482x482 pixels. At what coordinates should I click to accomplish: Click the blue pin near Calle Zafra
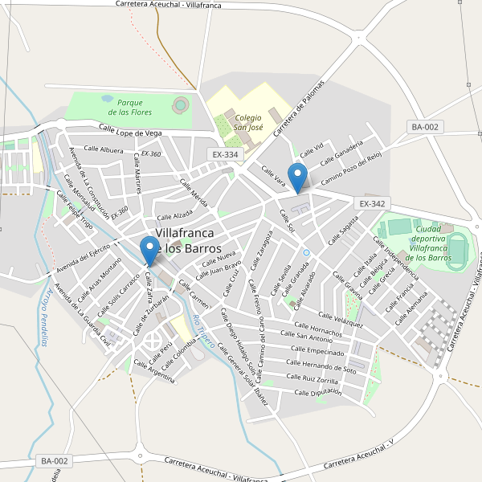coord(149,250)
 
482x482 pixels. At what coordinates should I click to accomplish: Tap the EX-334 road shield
coord(225,154)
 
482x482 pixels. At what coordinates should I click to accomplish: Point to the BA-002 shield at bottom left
coord(55,461)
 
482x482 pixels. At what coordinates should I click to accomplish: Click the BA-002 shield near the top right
coord(425,127)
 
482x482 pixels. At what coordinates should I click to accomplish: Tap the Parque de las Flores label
coord(129,107)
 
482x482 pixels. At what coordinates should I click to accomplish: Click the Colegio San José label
coord(248,122)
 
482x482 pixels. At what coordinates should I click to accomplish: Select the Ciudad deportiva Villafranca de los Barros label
coord(428,243)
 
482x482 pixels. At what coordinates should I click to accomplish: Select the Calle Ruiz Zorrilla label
coord(312,378)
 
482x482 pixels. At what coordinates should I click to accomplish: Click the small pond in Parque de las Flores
coord(107,99)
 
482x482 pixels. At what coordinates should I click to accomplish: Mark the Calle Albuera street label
coord(100,150)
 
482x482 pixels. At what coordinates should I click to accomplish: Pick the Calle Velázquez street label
coord(341,320)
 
